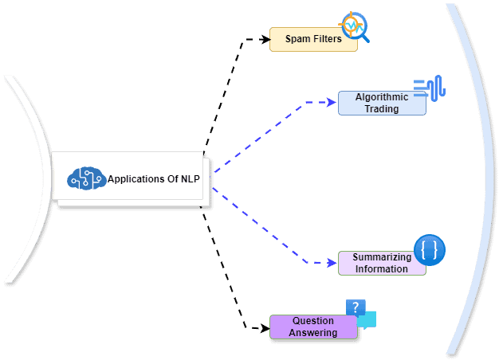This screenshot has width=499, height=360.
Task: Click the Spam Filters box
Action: pos(313,39)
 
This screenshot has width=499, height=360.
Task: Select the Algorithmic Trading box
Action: pos(382,103)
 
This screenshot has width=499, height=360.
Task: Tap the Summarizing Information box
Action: pos(382,263)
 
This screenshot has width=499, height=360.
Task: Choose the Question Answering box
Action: pos(313,327)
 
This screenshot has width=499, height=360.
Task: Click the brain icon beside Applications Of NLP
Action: pos(86,179)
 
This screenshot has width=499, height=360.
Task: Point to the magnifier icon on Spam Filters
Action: pos(353,25)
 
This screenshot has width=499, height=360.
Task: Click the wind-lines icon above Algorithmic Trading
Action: pos(430,88)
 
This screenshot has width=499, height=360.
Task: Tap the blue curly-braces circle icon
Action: pos(430,250)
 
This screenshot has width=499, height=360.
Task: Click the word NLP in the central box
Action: pos(191,179)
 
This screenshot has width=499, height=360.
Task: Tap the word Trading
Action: pos(382,109)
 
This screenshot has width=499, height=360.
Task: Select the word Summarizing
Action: pos(382,257)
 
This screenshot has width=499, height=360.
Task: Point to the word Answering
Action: pos(313,333)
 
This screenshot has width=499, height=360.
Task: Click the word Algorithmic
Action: pos(382,97)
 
